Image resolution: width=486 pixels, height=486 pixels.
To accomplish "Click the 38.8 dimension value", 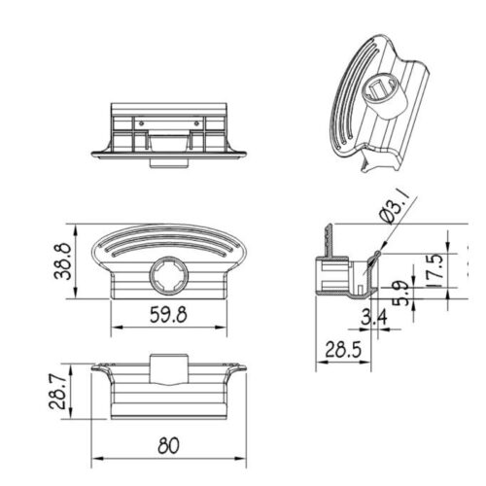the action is click(x=62, y=261).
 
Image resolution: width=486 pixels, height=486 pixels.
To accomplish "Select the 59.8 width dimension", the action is click(x=168, y=315).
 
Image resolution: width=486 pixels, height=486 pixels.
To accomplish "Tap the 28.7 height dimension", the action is click(x=58, y=392).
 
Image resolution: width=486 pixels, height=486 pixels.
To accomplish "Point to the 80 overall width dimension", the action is click(x=168, y=445).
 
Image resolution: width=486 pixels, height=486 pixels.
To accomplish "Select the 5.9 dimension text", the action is click(x=400, y=294).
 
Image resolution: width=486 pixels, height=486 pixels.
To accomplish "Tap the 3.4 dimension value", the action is click(x=374, y=318).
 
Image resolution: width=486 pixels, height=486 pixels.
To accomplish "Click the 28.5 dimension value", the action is click(x=343, y=349).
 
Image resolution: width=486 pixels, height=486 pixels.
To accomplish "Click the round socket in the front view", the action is click(x=168, y=275).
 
